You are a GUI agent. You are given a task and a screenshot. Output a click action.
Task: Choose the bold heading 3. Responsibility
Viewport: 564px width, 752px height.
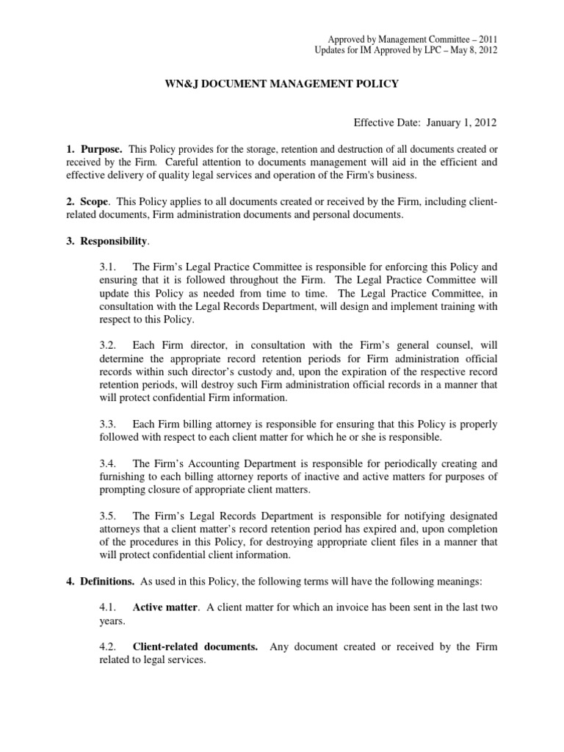108,240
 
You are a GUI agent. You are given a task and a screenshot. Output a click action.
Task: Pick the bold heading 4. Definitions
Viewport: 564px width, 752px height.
100,582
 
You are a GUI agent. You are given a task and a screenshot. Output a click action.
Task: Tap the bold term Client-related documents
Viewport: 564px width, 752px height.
195,647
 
